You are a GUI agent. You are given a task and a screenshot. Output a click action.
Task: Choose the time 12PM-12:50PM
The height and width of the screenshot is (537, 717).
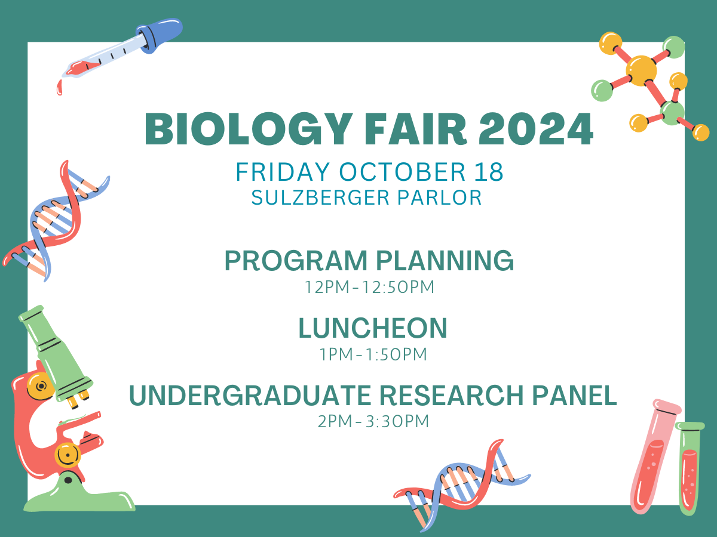(369, 287)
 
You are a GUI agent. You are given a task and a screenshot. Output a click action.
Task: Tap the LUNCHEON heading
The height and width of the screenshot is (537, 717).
(373, 328)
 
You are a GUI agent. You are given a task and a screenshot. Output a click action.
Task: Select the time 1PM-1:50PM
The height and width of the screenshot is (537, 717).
(373, 354)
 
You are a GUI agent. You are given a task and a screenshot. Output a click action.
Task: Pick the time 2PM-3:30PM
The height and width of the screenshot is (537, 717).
(373, 421)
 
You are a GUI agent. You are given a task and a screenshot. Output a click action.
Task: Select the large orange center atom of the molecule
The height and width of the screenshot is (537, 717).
(641, 70)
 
